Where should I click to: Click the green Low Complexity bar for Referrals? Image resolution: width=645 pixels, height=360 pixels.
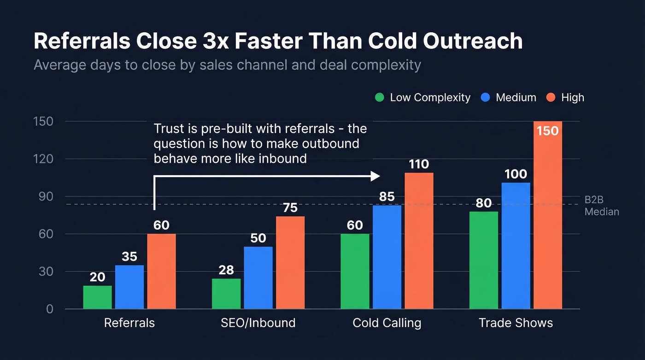tap(97, 297)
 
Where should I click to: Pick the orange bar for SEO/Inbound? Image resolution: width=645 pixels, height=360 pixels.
tap(290, 263)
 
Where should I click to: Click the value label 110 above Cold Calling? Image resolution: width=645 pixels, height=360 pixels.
tap(419, 164)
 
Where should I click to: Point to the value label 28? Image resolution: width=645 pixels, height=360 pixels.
tap(226, 270)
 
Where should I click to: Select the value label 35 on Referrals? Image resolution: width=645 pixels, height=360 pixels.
tap(129, 257)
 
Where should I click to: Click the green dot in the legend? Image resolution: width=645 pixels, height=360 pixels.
tap(380, 98)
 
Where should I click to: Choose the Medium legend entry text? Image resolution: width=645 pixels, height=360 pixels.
tap(516, 98)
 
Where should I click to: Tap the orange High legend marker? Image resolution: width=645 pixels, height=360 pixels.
tap(551, 98)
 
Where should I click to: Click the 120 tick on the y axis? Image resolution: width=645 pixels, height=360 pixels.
tap(43, 159)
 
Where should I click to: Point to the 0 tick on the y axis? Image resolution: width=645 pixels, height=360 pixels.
tap(49, 309)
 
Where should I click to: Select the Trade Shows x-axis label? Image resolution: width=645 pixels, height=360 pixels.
tap(516, 323)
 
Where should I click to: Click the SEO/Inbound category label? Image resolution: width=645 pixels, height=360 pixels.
tap(258, 323)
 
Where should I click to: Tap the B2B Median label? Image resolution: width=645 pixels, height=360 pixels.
tap(601, 206)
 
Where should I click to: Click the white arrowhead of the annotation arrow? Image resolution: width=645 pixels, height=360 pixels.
tap(375, 176)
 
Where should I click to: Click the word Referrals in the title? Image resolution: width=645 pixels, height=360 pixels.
tap(81, 41)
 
